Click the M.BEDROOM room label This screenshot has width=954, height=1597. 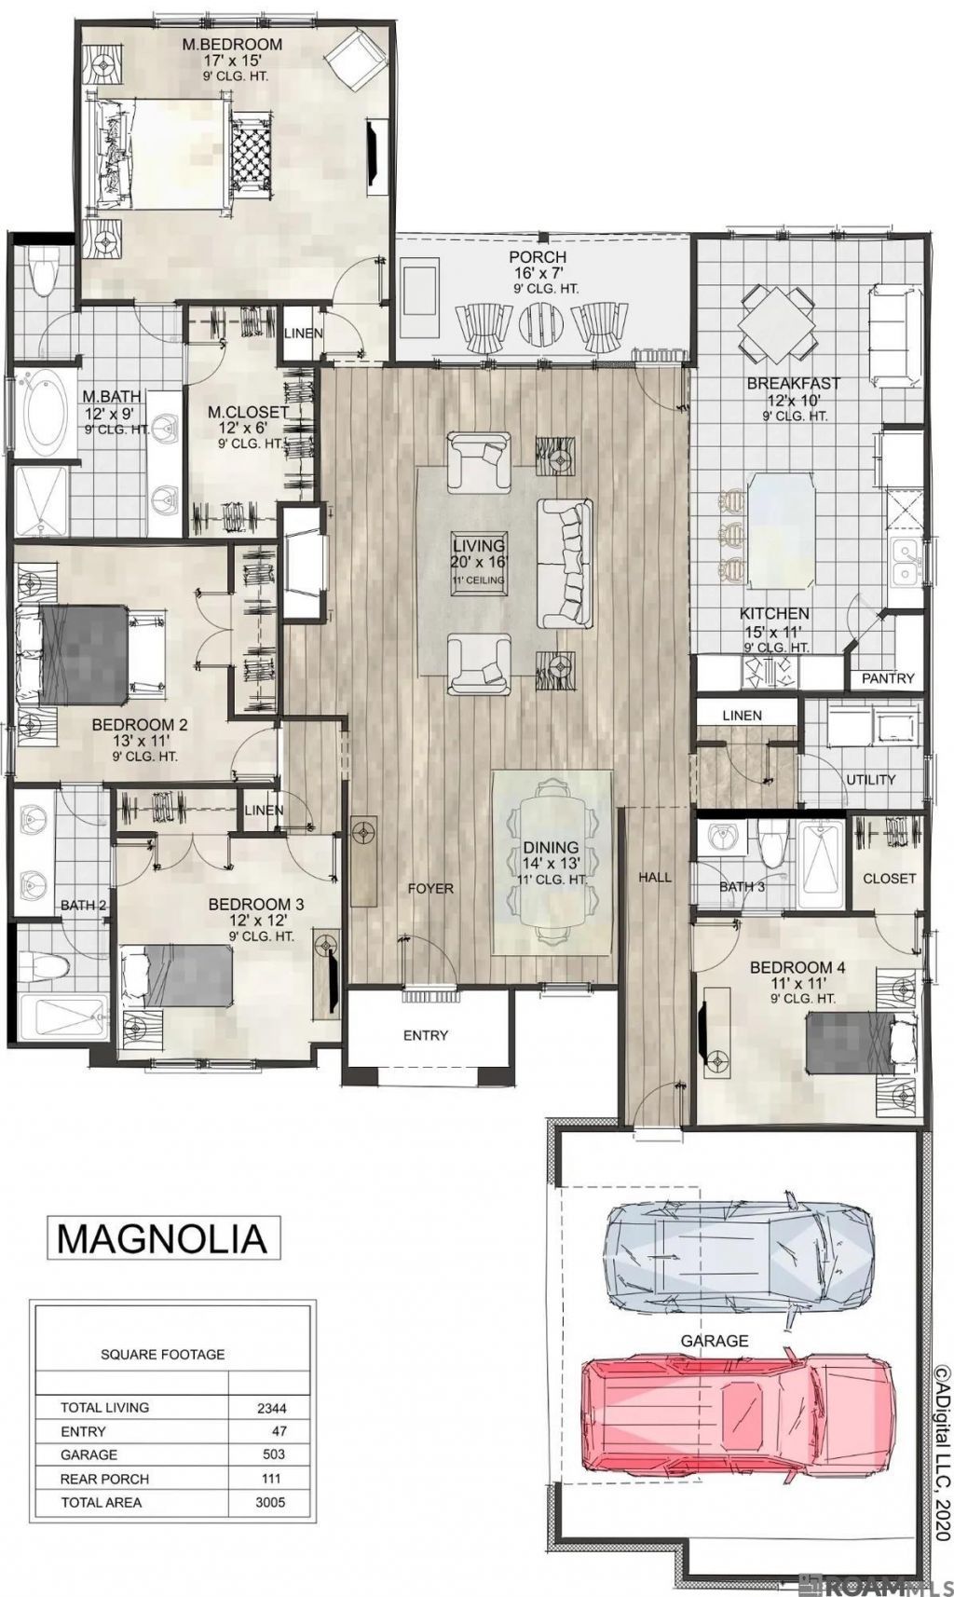[x=232, y=44]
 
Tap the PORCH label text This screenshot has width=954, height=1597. [x=538, y=256]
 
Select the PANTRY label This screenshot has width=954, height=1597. [x=888, y=678]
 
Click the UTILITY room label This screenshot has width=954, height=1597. [x=870, y=780]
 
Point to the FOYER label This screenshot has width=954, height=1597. [x=430, y=888]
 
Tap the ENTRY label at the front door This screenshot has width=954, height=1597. [x=426, y=1035]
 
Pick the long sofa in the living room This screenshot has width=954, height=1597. [x=565, y=563]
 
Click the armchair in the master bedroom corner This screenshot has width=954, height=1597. [x=354, y=56]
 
